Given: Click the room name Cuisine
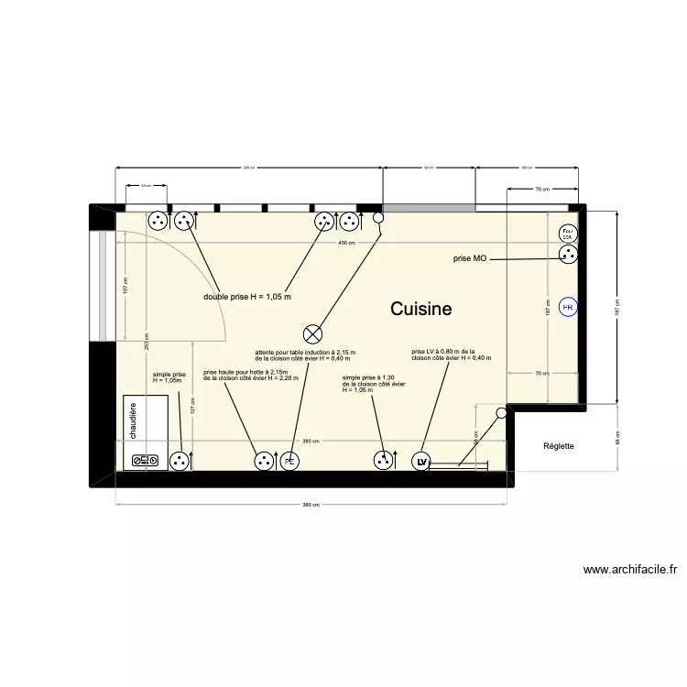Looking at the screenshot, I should pos(420,310).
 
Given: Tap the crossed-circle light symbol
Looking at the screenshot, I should pos(313,335).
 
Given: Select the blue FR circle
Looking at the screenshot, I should pos(568,308).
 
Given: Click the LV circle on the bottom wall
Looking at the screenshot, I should pos(421,463).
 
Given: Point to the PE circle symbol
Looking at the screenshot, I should pos(289,463).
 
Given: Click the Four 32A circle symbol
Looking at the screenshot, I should pos(568,234).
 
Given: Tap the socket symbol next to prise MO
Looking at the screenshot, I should pos(568,256).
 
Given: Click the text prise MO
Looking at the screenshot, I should pos(470,260).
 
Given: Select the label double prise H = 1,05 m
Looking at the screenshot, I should pos(247,297).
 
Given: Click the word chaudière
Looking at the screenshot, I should pos(134,421).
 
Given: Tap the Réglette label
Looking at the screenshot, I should pos(558,446).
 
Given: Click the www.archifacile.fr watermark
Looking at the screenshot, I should pos(631,571).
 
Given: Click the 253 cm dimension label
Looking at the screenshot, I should pos(147,339).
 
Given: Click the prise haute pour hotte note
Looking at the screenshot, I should pos(245,376).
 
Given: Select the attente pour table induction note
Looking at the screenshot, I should pos(306,355).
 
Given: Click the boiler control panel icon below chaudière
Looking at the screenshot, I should pos(146,460).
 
